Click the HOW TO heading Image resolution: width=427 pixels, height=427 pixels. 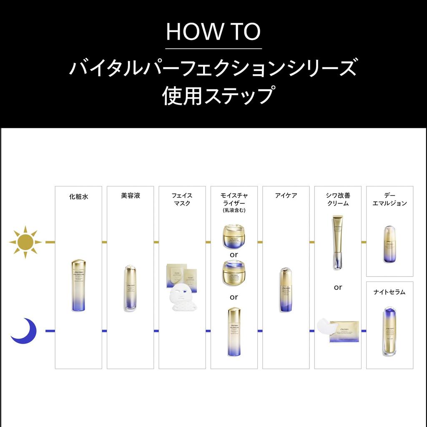click(213, 32)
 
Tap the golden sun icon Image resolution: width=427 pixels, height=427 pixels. click(25, 241)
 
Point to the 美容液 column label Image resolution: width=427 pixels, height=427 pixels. click(130, 195)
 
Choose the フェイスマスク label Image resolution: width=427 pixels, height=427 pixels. click(182, 199)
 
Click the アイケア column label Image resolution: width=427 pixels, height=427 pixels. click(286, 195)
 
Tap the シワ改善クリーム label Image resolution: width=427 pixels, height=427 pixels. click(338, 199)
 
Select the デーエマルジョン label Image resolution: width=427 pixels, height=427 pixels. click(389, 199)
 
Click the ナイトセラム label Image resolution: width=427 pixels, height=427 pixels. click(389, 292)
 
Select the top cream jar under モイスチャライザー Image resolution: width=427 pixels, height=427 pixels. click(234, 236)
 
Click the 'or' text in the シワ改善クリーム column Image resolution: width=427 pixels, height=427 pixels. click(338, 287)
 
